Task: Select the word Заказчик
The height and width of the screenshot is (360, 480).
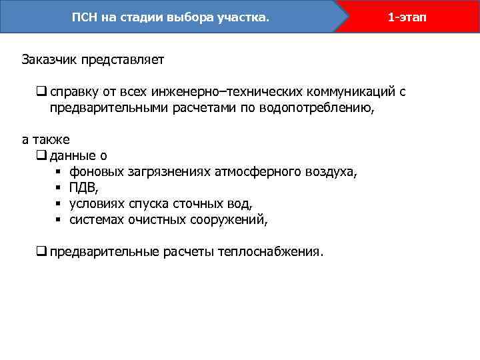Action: coord(50,59)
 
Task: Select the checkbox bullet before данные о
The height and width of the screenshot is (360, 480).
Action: coord(41,156)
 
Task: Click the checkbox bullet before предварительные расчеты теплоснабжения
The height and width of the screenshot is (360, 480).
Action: coord(41,252)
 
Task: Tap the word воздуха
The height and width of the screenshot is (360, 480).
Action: coord(331,172)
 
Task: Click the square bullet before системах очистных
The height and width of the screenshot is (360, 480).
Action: coord(59,220)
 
